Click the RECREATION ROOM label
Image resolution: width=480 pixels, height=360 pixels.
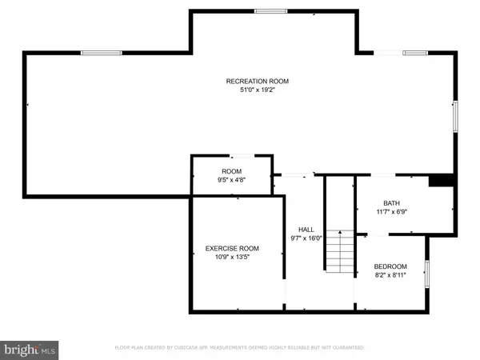point(257,81)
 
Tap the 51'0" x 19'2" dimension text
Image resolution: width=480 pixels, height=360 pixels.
point(257,90)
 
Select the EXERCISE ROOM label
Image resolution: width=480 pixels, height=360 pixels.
point(232,248)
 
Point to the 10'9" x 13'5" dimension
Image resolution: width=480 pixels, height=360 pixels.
point(232,258)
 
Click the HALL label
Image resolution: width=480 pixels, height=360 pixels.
point(305,228)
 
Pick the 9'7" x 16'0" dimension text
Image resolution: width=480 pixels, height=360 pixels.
point(305,238)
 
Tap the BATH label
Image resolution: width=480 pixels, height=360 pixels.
point(391,202)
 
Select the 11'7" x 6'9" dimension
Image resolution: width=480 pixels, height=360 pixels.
point(391,212)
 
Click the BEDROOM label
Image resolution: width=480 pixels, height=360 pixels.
point(390,266)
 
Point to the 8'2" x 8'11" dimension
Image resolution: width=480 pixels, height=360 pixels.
point(390,276)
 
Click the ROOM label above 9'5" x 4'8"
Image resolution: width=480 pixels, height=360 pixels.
point(231,171)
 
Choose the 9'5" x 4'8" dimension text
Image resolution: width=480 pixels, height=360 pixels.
point(231,181)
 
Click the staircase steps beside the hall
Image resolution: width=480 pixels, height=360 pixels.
point(339,250)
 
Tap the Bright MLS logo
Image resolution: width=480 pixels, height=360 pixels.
point(30,349)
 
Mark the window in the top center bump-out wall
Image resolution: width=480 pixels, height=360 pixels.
point(270,10)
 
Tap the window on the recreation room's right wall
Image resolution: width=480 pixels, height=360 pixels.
point(455,117)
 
